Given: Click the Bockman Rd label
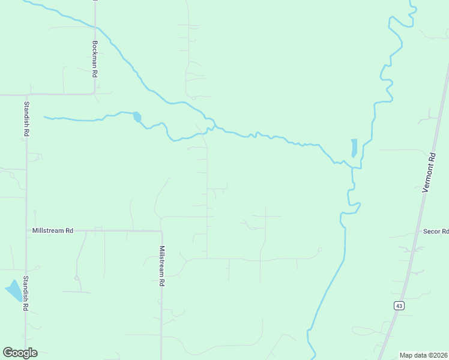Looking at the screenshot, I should tap(95, 59).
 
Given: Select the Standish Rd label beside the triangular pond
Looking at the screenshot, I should tap(26, 293).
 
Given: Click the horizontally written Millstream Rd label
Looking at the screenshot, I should tap(53, 230).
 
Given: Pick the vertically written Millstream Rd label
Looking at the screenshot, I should tap(162, 261).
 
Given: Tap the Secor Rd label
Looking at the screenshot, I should tap(436, 231).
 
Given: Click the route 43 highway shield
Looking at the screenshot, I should tap(399, 305).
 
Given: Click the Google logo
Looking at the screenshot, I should tap(20, 353).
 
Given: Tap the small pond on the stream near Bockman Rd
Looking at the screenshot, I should tap(137, 117).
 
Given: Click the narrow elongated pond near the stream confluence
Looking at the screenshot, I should tap(354, 148).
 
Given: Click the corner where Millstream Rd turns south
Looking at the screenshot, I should tap(162, 231).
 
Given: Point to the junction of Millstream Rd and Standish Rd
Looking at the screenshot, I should tap(26, 230).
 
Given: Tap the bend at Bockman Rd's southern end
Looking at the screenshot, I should tap(94, 93).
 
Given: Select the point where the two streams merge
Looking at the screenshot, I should tap(352, 167).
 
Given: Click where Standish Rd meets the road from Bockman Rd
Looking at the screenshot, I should tap(26, 95).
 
